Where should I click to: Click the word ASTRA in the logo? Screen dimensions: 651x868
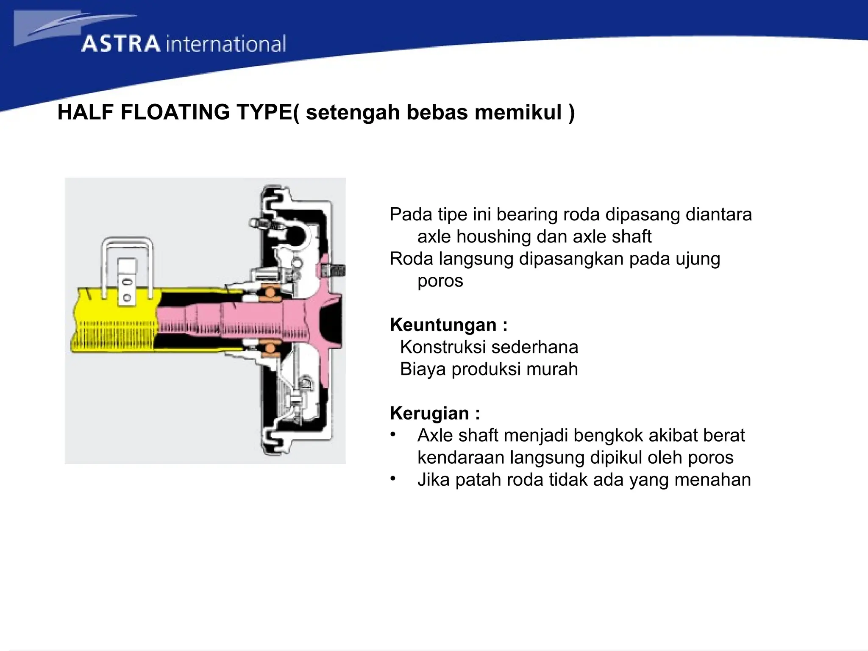click(x=121, y=45)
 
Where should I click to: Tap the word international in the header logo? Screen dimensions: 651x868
click(x=226, y=45)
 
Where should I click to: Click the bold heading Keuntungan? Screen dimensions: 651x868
click(x=443, y=325)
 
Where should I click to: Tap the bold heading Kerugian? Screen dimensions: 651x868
click(x=429, y=413)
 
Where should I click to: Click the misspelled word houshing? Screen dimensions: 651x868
click(x=493, y=237)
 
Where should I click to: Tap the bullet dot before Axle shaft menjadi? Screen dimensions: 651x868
click(x=393, y=435)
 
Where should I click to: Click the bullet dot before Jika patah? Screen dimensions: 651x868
click(x=393, y=479)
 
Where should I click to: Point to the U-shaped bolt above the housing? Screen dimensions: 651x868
click(x=127, y=246)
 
